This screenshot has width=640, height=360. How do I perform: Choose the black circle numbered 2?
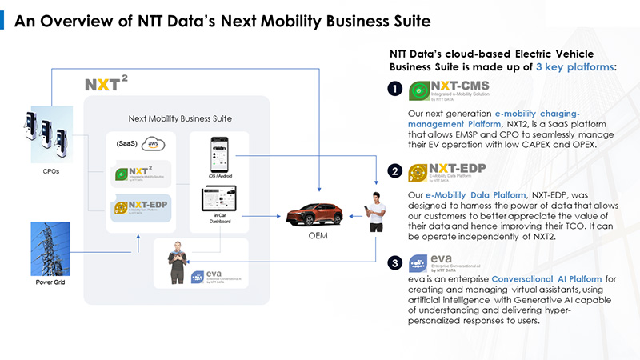pyautogui.click(x=394, y=171)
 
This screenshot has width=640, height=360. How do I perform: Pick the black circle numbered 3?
pyautogui.click(x=394, y=262)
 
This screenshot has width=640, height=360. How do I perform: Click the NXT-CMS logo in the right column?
pyautogui.click(x=447, y=90)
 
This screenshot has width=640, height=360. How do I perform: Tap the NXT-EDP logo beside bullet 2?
pyautogui.click(x=448, y=171)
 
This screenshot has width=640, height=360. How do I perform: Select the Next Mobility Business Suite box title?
pyautogui.click(x=180, y=119)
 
